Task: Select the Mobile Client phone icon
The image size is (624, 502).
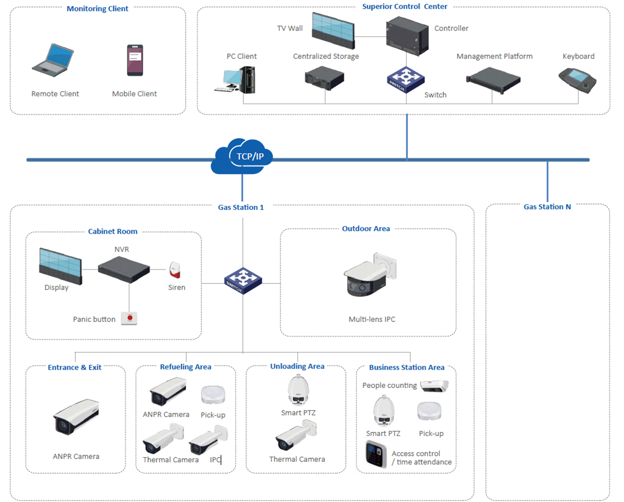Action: (135, 60)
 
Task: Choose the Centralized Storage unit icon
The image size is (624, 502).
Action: (325, 76)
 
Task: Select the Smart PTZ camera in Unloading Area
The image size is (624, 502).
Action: (297, 389)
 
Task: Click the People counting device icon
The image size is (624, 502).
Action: (435, 386)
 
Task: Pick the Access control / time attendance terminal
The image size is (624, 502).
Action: (376, 455)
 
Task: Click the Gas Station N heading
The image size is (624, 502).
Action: (547, 207)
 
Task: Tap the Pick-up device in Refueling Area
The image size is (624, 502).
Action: (213, 395)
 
